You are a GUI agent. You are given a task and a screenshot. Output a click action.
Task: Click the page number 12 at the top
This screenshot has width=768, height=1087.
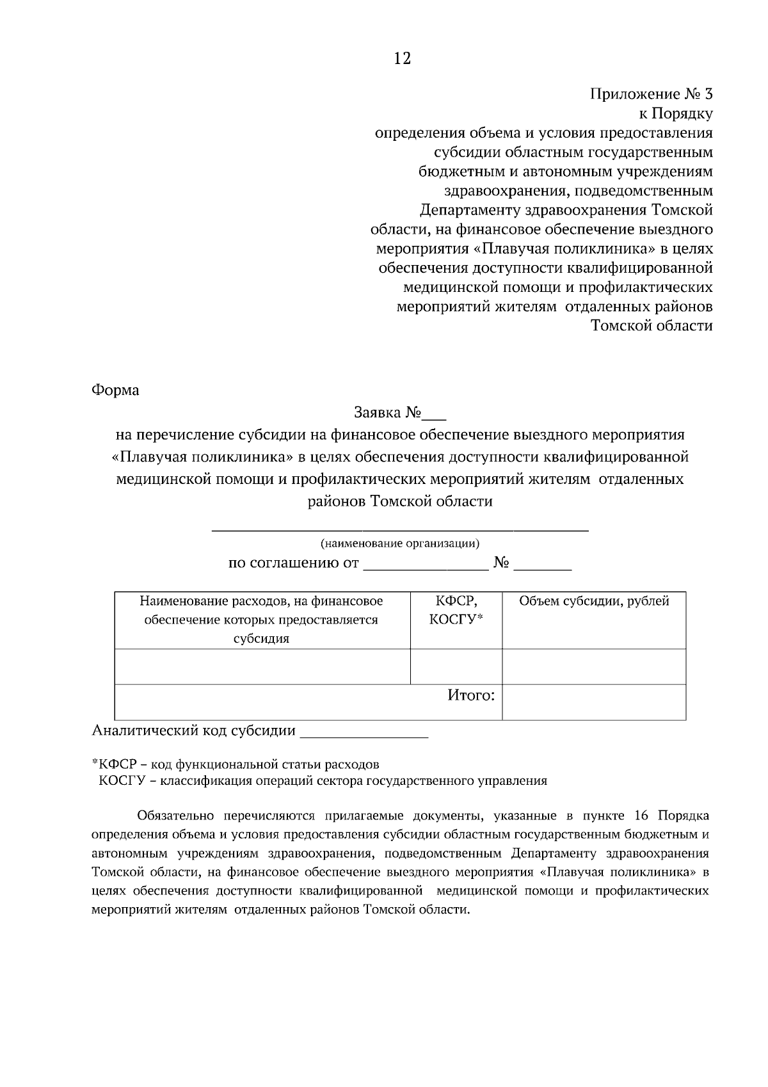pyautogui.click(x=402, y=59)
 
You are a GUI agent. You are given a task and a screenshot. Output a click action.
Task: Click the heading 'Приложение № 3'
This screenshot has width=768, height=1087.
pyautogui.click(x=650, y=95)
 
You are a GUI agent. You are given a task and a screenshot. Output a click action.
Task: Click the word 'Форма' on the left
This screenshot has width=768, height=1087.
pyautogui.click(x=116, y=390)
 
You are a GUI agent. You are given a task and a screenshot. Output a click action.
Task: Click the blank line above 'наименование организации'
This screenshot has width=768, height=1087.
pyautogui.click(x=400, y=527)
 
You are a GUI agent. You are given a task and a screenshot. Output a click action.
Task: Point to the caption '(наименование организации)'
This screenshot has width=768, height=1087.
pyautogui.click(x=400, y=544)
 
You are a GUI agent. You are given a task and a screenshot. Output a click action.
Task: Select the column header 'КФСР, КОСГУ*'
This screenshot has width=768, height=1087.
pyautogui.click(x=456, y=611)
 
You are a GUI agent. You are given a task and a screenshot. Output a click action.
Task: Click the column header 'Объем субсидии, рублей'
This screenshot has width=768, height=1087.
pyautogui.click(x=593, y=602)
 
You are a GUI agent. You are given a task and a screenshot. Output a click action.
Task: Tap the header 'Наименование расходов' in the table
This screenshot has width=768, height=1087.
pyautogui.click(x=261, y=620)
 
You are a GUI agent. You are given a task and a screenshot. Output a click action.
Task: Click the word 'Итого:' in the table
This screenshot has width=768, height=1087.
pyautogui.click(x=470, y=695)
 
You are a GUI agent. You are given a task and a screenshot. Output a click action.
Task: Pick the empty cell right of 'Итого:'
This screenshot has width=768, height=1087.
pyautogui.click(x=593, y=702)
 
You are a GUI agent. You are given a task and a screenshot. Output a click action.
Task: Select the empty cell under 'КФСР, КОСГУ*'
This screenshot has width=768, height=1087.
pyautogui.click(x=456, y=666)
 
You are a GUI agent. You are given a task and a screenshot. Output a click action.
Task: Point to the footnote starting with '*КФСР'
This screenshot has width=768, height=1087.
pyautogui.click(x=236, y=764)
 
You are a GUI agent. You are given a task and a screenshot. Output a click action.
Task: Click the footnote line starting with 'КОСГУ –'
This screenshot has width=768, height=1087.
pyautogui.click(x=323, y=781)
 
